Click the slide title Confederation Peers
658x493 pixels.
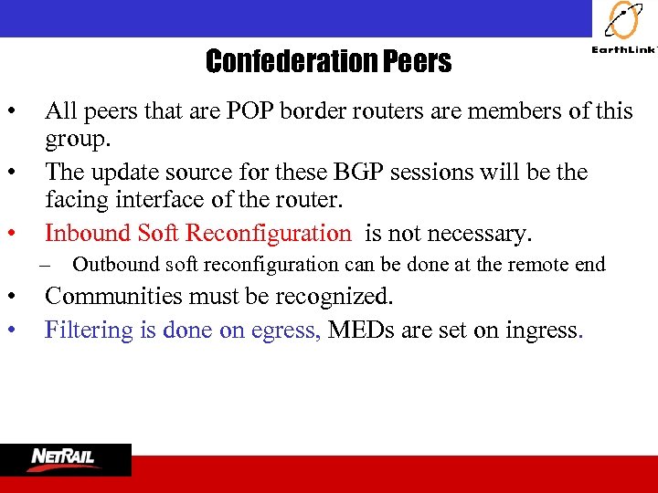pos(328,61)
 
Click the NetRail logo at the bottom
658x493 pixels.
pos(65,458)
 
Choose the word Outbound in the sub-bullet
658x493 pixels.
pos(115,265)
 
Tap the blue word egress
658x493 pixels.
pos(285,330)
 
